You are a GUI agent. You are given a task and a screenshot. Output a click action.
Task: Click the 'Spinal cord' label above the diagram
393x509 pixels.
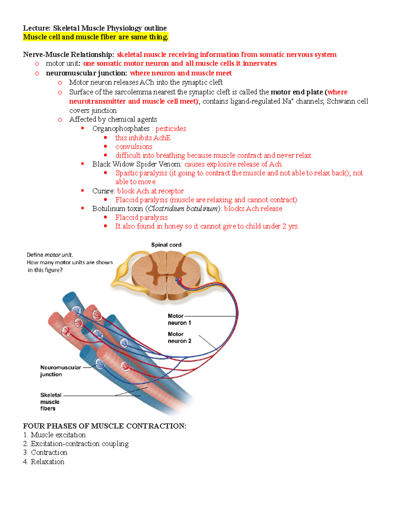(x=166, y=245)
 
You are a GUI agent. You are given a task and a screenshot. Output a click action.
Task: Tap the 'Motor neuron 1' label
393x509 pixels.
(x=179, y=319)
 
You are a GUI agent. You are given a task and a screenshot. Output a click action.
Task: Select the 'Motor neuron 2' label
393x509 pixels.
(x=179, y=338)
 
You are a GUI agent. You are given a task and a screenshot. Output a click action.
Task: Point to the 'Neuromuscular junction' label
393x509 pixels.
(x=60, y=371)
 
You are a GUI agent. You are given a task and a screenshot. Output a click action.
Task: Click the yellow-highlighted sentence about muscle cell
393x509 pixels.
(x=96, y=37)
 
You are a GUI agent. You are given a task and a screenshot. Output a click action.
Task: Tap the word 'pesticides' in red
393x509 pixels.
(x=171, y=128)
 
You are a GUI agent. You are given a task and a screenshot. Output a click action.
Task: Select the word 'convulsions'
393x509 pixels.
(x=134, y=147)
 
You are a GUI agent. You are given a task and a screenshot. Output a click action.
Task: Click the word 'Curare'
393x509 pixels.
(x=103, y=191)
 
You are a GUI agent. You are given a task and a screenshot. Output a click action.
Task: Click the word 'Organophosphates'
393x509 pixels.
(x=121, y=128)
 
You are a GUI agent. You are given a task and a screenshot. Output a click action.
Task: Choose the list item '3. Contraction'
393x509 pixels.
(x=45, y=453)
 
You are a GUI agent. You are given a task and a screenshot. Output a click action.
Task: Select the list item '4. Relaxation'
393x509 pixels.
(x=44, y=462)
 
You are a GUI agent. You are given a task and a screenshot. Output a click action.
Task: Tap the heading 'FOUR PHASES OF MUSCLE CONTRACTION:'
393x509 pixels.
(x=104, y=426)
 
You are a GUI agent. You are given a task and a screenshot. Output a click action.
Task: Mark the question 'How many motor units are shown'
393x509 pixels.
(x=69, y=263)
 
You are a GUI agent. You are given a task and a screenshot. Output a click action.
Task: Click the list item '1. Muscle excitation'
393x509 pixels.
(x=54, y=435)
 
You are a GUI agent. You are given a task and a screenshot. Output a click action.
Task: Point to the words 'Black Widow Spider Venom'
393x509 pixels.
(x=137, y=164)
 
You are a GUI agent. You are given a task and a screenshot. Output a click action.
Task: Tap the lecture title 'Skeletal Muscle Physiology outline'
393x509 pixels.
(x=110, y=28)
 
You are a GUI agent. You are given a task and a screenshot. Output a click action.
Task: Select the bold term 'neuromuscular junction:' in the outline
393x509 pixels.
(x=86, y=73)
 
